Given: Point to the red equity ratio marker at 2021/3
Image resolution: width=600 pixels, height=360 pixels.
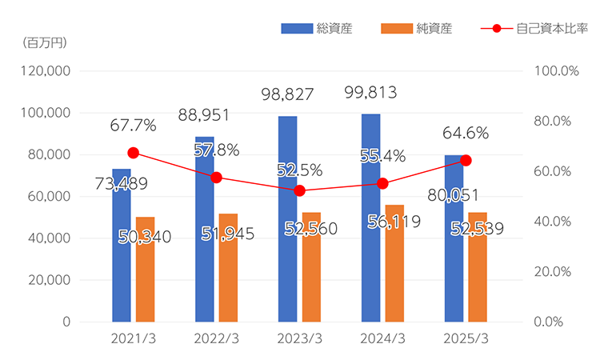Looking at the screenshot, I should [x=134, y=153].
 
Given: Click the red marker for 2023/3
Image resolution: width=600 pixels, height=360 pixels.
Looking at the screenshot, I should [x=300, y=190].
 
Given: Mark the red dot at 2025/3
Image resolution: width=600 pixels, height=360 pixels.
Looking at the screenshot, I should [x=466, y=161].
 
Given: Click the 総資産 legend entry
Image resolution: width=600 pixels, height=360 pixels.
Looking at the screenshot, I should [x=316, y=29].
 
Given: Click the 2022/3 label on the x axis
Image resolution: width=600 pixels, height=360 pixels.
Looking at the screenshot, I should [x=217, y=338].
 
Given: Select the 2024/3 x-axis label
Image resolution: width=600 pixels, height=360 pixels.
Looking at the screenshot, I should [x=383, y=338].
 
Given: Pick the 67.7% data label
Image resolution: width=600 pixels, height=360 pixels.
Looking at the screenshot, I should [x=134, y=126].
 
